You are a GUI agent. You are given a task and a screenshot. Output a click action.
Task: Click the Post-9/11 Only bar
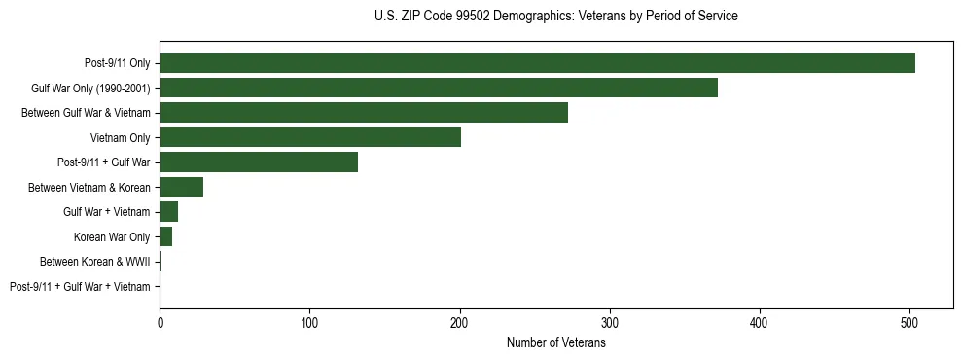point(537,63)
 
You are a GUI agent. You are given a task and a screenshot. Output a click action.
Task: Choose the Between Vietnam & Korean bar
point(182,187)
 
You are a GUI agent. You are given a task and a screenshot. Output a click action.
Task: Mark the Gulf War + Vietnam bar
point(169,212)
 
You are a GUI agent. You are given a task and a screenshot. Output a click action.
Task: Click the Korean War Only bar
point(166,236)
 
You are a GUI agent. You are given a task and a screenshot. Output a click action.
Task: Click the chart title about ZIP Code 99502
point(555,17)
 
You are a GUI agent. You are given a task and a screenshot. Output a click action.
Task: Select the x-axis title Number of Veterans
point(555,343)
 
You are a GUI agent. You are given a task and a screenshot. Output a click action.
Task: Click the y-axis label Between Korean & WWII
point(94,262)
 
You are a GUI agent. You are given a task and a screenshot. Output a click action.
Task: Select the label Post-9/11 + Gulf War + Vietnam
point(80,287)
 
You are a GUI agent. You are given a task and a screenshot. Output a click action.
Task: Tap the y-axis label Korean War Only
point(112,237)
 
